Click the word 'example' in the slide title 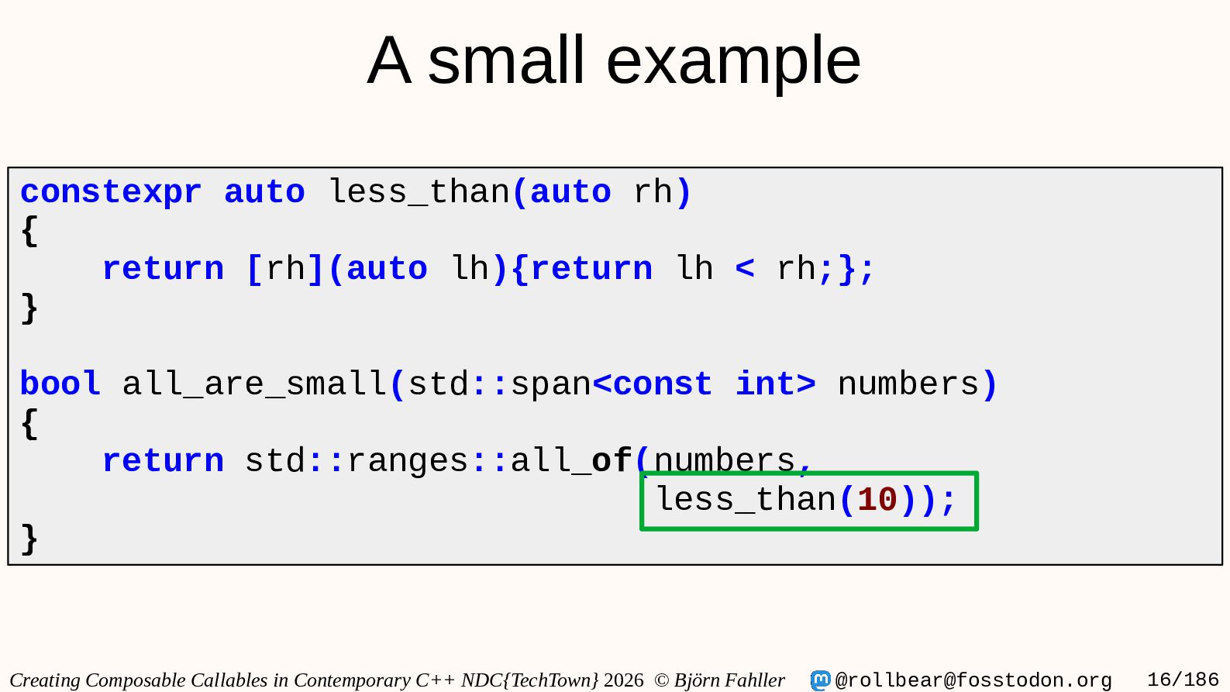[733, 61]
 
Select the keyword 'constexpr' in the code [111, 193]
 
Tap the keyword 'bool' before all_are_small [60, 384]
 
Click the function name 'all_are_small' [254, 384]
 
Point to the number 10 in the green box [877, 500]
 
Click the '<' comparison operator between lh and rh [745, 269]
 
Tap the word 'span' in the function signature [551, 384]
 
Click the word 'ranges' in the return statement [408, 461]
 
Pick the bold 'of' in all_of [612, 460]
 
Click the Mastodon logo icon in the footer [820, 680]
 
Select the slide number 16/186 [1183, 680]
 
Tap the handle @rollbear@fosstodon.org [973, 680]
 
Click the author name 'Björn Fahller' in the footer [729, 680]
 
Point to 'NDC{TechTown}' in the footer [530, 680]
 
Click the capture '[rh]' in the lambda [285, 269]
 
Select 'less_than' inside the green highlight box [746, 500]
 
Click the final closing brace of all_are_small [29, 539]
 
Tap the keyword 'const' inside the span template [662, 384]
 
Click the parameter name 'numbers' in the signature [909, 384]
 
